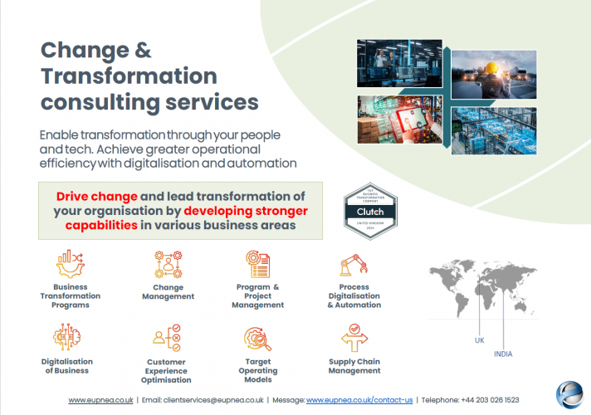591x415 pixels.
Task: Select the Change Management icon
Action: point(168,265)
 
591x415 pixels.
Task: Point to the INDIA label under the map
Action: point(503,354)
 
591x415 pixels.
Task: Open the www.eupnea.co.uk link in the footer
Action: point(100,400)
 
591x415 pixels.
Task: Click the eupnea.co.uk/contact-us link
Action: point(359,400)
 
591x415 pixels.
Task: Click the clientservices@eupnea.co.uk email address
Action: point(215,400)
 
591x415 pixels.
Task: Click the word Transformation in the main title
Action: point(129,76)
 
